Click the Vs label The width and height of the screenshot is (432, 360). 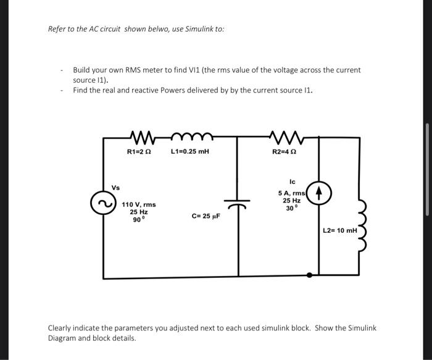pyautogui.click(x=115, y=187)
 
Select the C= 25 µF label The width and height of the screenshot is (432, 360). pyautogui.click(x=206, y=217)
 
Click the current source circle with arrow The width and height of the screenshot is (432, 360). pyautogui.click(x=320, y=194)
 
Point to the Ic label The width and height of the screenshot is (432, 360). pyautogui.click(x=292, y=182)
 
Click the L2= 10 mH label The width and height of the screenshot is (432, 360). pyautogui.click(x=340, y=230)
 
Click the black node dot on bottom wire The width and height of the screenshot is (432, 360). pyautogui.click(x=309, y=275)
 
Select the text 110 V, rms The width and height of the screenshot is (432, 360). pyautogui.click(x=138, y=204)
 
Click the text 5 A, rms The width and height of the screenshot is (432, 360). pyautogui.click(x=292, y=193)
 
